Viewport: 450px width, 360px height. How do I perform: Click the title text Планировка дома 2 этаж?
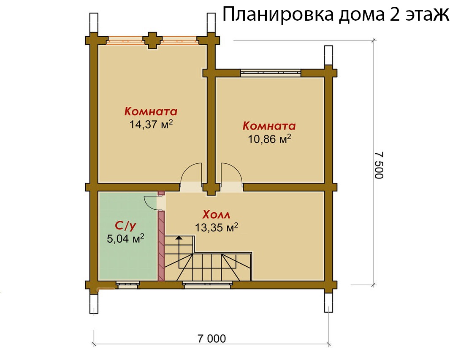(x=336, y=14)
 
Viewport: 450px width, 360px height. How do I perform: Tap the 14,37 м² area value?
(x=151, y=124)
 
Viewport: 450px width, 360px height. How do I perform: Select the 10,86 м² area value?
(x=269, y=139)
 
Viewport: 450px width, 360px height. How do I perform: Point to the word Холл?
(x=216, y=214)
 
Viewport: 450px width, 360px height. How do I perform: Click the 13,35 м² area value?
(x=217, y=227)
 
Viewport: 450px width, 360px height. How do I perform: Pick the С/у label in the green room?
(x=125, y=226)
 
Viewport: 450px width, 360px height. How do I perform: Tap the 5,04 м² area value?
(x=125, y=238)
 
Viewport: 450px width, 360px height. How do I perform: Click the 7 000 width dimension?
(x=212, y=338)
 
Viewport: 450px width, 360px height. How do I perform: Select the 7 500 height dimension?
(x=379, y=165)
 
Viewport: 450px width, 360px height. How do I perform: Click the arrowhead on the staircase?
(x=179, y=238)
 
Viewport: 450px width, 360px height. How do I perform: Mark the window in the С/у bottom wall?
(x=128, y=284)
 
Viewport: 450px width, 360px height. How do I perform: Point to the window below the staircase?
(x=208, y=284)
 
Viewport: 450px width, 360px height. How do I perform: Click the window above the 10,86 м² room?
(x=271, y=73)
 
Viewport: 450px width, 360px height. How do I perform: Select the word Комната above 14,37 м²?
(x=151, y=111)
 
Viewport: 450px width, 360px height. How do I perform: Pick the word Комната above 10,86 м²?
(x=269, y=126)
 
